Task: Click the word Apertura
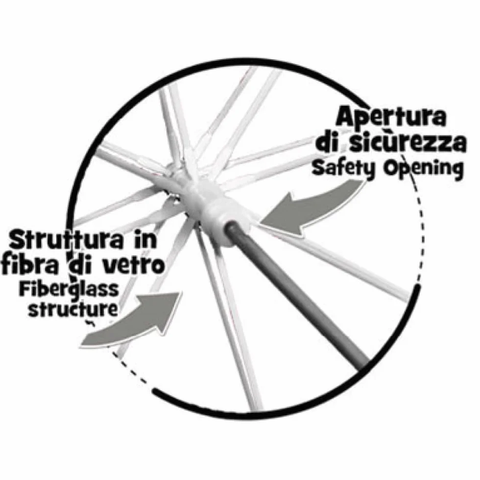point(391,118)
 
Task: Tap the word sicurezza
point(408,144)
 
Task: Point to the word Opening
point(423,170)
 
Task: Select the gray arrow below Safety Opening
point(309,208)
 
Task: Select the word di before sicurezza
point(331,144)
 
